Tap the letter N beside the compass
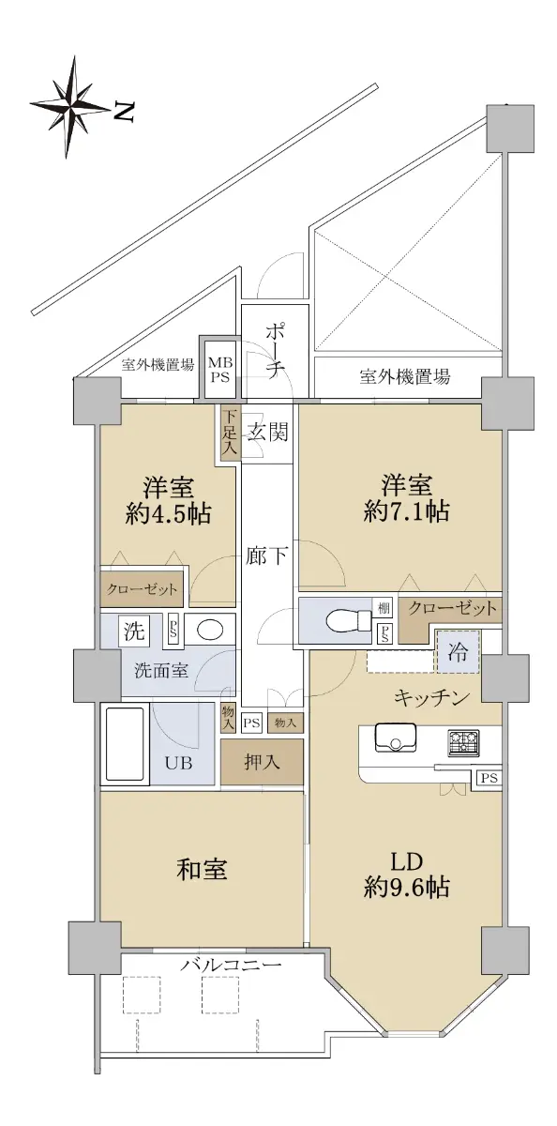124,112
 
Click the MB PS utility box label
219,370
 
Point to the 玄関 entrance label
267,432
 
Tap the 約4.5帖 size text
168,514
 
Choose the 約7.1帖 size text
406,511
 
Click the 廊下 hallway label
266,555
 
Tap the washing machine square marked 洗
134,631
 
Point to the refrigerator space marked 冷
458,652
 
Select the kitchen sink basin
396,738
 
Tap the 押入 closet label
262,763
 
